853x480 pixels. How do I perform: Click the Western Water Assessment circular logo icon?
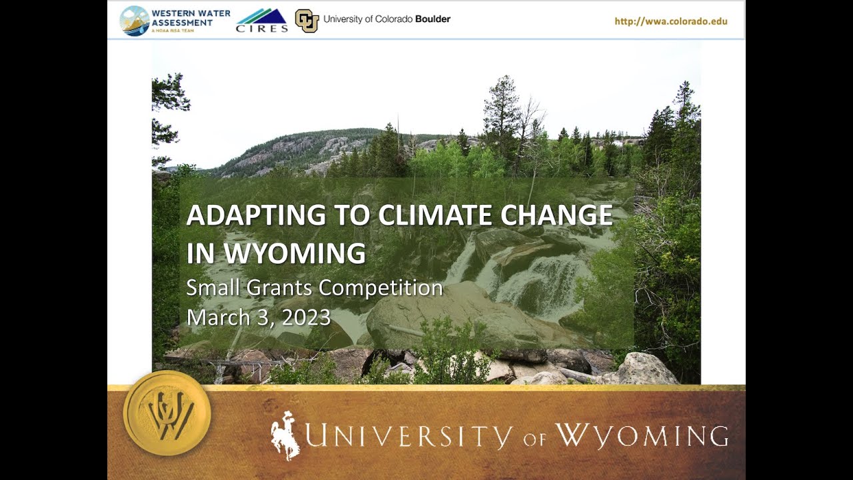click(135, 20)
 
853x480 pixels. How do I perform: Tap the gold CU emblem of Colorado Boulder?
click(307, 20)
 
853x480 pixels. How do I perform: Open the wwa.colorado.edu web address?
click(670, 21)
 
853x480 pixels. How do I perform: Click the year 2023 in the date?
click(306, 317)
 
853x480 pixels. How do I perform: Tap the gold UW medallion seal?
click(167, 413)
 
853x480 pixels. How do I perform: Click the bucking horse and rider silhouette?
click(285, 435)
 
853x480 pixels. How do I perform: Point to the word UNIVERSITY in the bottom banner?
click(409, 436)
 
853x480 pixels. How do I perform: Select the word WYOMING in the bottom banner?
click(641, 436)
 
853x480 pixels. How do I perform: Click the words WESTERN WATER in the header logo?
click(191, 13)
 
